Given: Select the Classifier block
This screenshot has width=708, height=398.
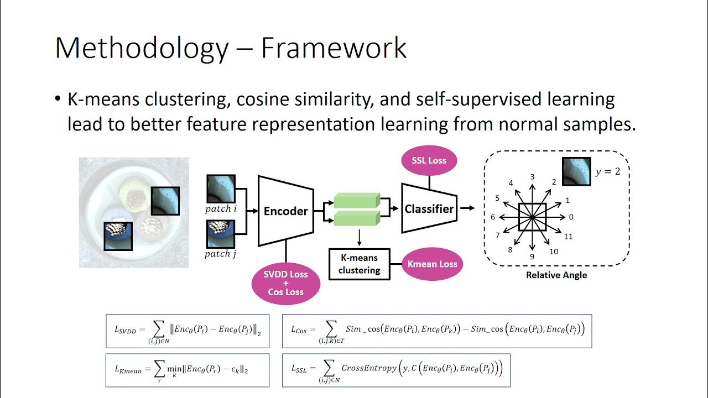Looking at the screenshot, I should [429, 208].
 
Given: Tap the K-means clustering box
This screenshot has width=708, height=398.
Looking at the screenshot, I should [359, 264].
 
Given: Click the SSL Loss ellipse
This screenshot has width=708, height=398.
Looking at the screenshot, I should [429, 160].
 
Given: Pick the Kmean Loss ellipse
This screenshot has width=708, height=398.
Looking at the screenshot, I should [432, 264].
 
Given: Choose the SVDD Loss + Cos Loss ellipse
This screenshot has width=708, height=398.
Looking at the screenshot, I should [285, 283].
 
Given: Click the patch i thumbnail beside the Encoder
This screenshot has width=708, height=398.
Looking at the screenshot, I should [221, 189].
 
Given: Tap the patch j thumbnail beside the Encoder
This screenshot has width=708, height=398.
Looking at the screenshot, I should [221, 234].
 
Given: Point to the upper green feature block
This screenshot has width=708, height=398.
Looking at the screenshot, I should [357, 200].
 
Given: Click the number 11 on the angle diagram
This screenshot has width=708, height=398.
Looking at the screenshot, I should [568, 237].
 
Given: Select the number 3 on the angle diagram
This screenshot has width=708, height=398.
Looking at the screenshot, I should [532, 177].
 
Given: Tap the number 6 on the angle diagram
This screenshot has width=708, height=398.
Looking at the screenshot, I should [493, 217].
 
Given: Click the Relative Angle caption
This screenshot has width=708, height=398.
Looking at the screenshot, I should [556, 275].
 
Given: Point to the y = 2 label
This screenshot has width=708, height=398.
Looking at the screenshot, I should [607, 171].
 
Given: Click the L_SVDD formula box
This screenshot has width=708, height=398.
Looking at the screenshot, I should [187, 331].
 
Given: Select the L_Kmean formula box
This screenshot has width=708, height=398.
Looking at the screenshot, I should [187, 370].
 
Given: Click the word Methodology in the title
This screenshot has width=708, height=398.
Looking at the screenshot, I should [142, 49].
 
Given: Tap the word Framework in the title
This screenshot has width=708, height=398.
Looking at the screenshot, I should [334, 49].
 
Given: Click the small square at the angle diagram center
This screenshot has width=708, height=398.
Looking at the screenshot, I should [532, 217].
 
